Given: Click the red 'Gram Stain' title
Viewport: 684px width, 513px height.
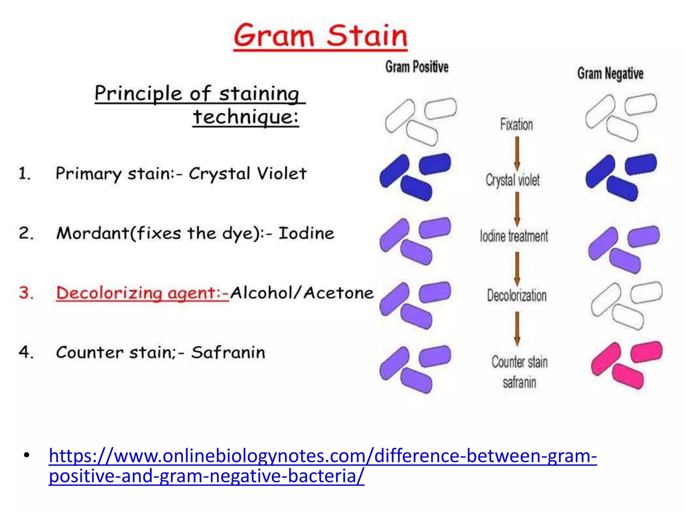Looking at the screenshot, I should point(320,36).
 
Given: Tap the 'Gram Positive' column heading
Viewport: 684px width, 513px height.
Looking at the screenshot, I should point(417,67).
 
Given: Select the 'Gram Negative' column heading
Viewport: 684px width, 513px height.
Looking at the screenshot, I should point(610,73).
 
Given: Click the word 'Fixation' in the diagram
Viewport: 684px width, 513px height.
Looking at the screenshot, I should point(516,125).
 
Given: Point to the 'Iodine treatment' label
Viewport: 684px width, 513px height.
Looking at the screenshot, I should point(514,236).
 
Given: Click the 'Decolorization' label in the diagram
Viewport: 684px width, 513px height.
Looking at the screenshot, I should point(517,296).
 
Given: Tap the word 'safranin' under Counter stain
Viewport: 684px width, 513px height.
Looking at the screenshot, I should point(519,382).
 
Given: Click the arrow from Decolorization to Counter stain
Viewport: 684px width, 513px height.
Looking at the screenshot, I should point(517,329).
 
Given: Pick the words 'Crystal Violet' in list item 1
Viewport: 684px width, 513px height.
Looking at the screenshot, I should point(247,174).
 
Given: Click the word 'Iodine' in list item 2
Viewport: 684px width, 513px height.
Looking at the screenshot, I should point(306,233).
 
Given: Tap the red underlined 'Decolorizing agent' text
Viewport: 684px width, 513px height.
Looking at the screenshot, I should point(142,293).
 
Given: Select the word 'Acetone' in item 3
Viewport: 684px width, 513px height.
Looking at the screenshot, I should point(338,293).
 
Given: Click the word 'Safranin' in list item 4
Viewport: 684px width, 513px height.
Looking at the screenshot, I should point(228,353).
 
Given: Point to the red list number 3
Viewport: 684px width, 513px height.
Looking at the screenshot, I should point(26,293).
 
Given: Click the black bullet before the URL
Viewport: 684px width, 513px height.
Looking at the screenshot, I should point(27,456).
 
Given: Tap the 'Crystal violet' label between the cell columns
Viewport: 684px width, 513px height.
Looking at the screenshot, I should point(512,180).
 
